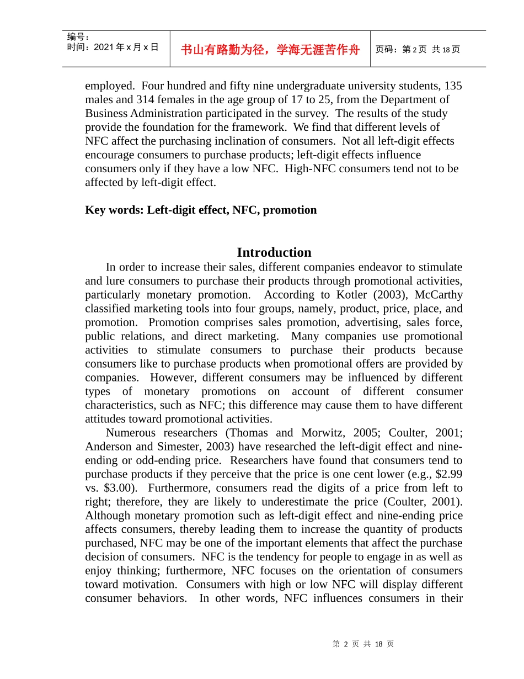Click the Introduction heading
click(x=274, y=252)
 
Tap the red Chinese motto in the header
click(x=270, y=50)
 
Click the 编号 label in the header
click(x=78, y=36)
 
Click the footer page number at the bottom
click(x=363, y=644)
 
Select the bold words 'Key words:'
click(x=114, y=210)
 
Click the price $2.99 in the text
click(x=448, y=474)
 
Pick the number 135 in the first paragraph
click(x=453, y=86)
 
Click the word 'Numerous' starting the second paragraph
click(x=131, y=432)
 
